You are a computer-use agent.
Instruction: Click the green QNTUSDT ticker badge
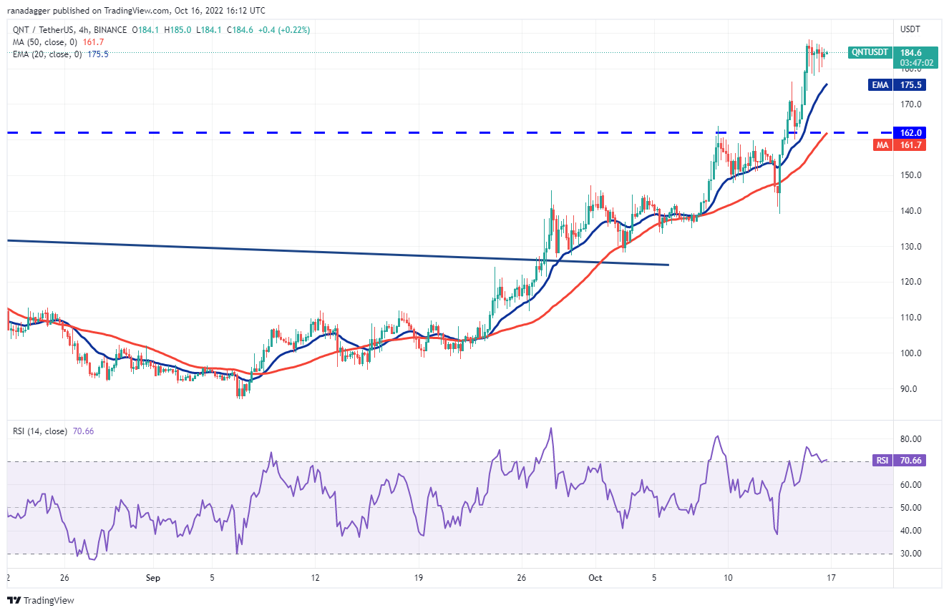[x=870, y=52]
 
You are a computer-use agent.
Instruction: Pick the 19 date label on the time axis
[x=419, y=577]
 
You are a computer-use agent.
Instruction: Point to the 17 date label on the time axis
[x=830, y=577]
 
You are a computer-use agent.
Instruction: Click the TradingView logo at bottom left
[x=41, y=600]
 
